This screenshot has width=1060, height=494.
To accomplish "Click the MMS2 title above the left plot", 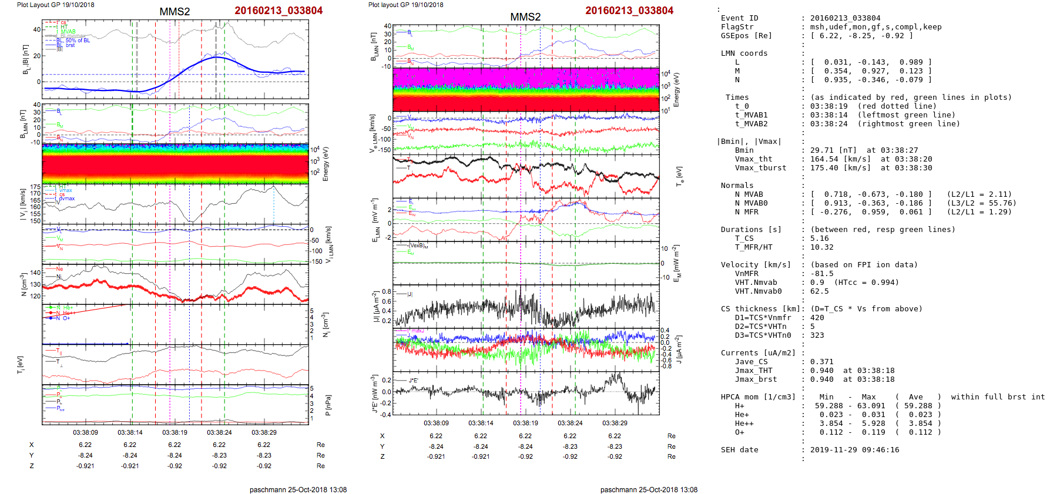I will [x=175, y=12].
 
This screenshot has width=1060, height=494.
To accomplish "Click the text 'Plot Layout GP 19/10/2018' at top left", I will [x=56, y=5].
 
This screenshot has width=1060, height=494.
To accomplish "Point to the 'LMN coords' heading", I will [x=744, y=53].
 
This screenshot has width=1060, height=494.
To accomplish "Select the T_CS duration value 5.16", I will [x=819, y=238].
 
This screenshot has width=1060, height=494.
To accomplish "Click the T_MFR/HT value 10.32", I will [x=821, y=247].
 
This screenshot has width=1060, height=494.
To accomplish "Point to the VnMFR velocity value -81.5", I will [x=821, y=274].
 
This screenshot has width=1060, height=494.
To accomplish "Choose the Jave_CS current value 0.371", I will [x=821, y=362].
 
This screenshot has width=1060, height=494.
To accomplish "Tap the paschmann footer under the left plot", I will [x=298, y=490].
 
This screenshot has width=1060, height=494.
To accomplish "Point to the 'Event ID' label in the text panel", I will [x=739, y=18].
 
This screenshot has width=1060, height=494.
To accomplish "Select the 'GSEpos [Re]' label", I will [x=746, y=36].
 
